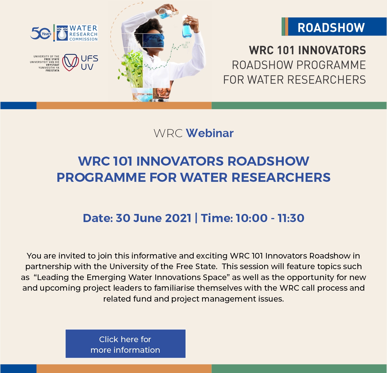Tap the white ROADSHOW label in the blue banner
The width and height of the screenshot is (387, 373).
pyautogui.click(x=331, y=27)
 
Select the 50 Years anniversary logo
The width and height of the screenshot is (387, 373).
pyautogui.click(x=41, y=33)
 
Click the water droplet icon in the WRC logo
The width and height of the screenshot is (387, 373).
pyautogui.click(x=62, y=33)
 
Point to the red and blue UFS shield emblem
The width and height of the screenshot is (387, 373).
pyautogui.click(x=70, y=62)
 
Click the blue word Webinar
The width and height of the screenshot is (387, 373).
pyautogui.click(x=210, y=133)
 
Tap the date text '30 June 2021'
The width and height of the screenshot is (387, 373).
pyautogui.click(x=153, y=218)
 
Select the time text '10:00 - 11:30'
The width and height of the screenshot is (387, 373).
pyautogui.click(x=270, y=218)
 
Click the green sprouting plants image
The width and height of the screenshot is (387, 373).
pyautogui.click(x=131, y=68)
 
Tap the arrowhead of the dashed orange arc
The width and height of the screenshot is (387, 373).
pyautogui.click(x=142, y=2)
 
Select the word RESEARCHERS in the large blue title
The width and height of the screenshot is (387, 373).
pyautogui.click(x=281, y=177)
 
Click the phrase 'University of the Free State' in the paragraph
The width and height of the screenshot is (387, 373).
pyautogui.click(x=163, y=266)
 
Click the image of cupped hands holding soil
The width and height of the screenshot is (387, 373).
pyautogui.click(x=162, y=93)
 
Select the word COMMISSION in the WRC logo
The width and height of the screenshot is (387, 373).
pyautogui.click(x=84, y=39)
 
